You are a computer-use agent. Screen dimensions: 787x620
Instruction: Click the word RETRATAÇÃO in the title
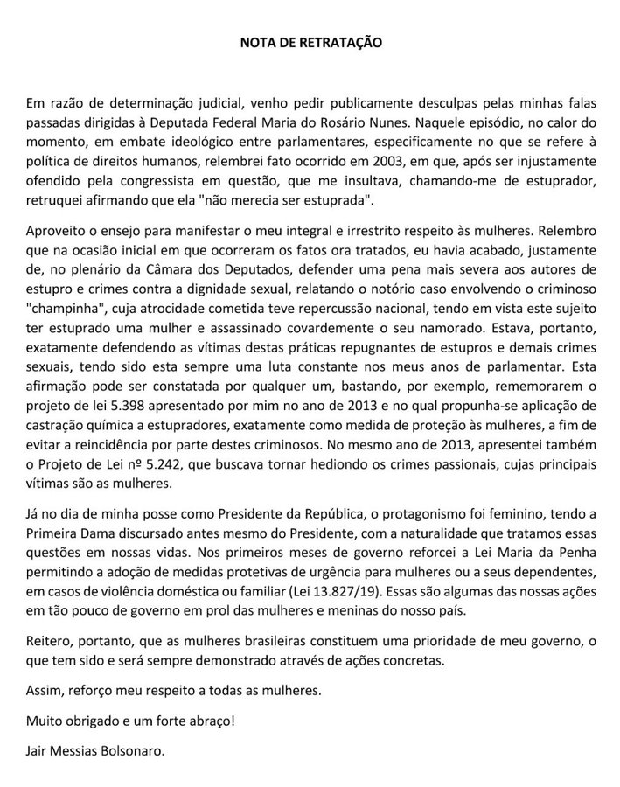pos(346,41)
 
